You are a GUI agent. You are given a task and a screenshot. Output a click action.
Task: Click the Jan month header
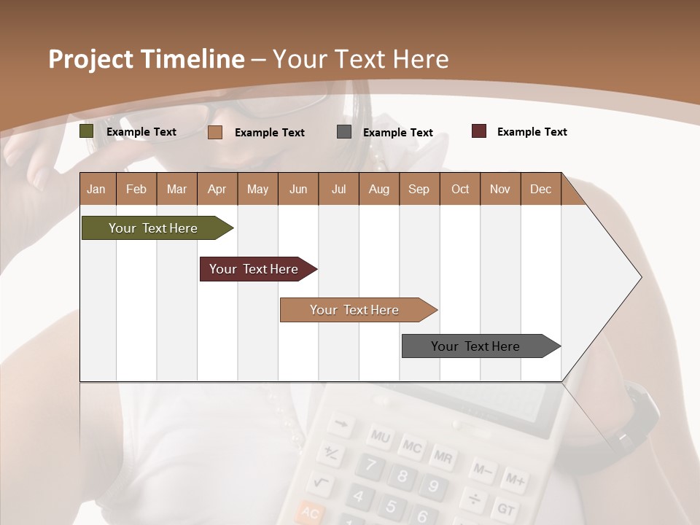click(97, 189)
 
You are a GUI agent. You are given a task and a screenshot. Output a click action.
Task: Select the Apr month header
click(217, 189)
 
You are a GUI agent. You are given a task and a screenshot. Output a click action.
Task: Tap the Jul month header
click(338, 189)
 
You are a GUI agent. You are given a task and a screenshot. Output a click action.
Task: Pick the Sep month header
click(419, 189)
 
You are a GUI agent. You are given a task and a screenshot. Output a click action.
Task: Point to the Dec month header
click(540, 189)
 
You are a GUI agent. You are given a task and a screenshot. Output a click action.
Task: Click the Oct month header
click(460, 189)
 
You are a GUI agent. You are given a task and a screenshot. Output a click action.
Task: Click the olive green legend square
click(87, 131)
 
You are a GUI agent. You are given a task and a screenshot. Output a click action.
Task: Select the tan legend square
click(215, 132)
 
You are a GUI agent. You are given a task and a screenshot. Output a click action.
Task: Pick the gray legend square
click(344, 132)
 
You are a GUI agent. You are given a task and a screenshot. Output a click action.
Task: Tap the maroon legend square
click(479, 131)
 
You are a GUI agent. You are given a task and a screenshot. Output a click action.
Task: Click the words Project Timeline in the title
click(147, 59)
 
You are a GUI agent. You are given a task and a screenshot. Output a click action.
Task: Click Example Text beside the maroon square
click(532, 132)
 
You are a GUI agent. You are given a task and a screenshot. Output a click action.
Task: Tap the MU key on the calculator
click(380, 437)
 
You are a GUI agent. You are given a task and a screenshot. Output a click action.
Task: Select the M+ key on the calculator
click(515, 480)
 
